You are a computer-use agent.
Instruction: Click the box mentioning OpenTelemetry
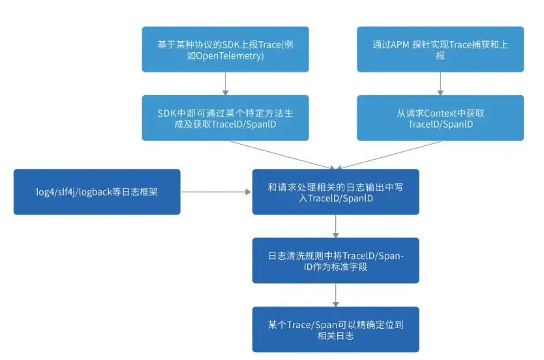(x=225, y=49)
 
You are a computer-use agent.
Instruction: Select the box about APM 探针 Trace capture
(x=440, y=49)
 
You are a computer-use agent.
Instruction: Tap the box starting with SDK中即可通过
(x=225, y=118)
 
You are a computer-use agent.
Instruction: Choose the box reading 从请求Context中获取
(x=440, y=118)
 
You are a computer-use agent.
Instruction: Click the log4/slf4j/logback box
(x=97, y=192)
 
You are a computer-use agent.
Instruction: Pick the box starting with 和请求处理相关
(x=336, y=192)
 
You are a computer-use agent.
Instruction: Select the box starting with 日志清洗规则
(x=336, y=260)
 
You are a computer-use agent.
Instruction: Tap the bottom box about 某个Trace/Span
(x=336, y=329)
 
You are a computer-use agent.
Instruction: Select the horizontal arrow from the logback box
(x=216, y=192)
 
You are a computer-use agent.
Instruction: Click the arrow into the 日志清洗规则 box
(x=336, y=226)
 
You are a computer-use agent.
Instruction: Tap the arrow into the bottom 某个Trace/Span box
(x=336, y=294)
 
